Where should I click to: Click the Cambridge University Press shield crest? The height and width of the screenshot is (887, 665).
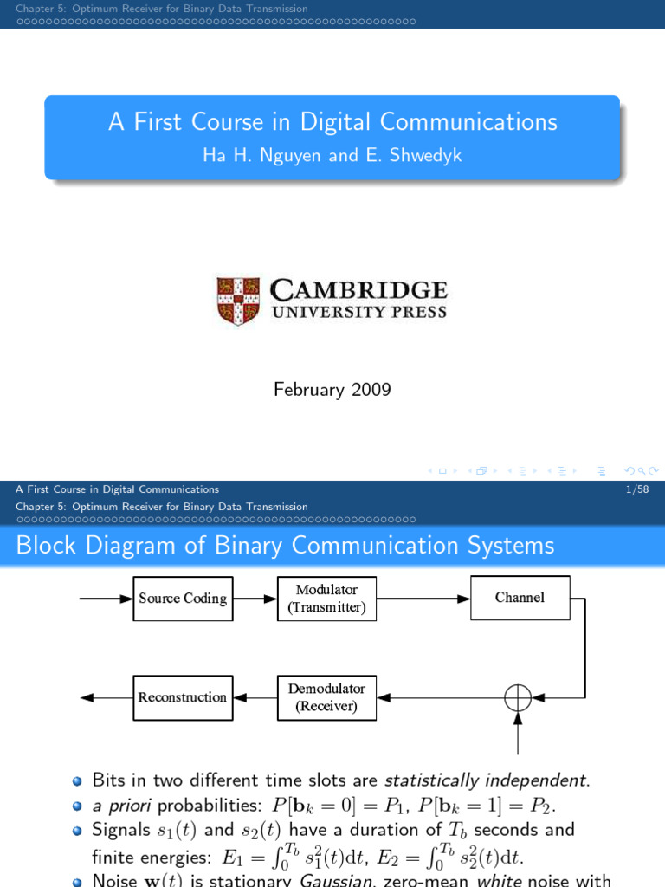point(237,299)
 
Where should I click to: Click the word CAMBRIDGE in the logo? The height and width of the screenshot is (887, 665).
point(359,290)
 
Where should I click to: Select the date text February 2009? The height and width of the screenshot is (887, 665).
point(332,390)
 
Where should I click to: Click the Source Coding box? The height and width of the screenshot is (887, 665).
point(184,598)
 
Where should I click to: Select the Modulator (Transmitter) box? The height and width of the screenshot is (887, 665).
point(327,599)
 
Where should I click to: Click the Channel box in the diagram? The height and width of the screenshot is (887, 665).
point(520,598)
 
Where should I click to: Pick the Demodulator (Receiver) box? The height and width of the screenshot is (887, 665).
point(327,697)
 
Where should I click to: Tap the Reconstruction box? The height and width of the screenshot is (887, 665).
point(184,697)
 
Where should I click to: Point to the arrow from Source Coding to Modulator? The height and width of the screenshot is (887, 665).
point(255,598)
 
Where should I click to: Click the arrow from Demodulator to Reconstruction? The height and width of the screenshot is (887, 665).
point(255,697)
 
